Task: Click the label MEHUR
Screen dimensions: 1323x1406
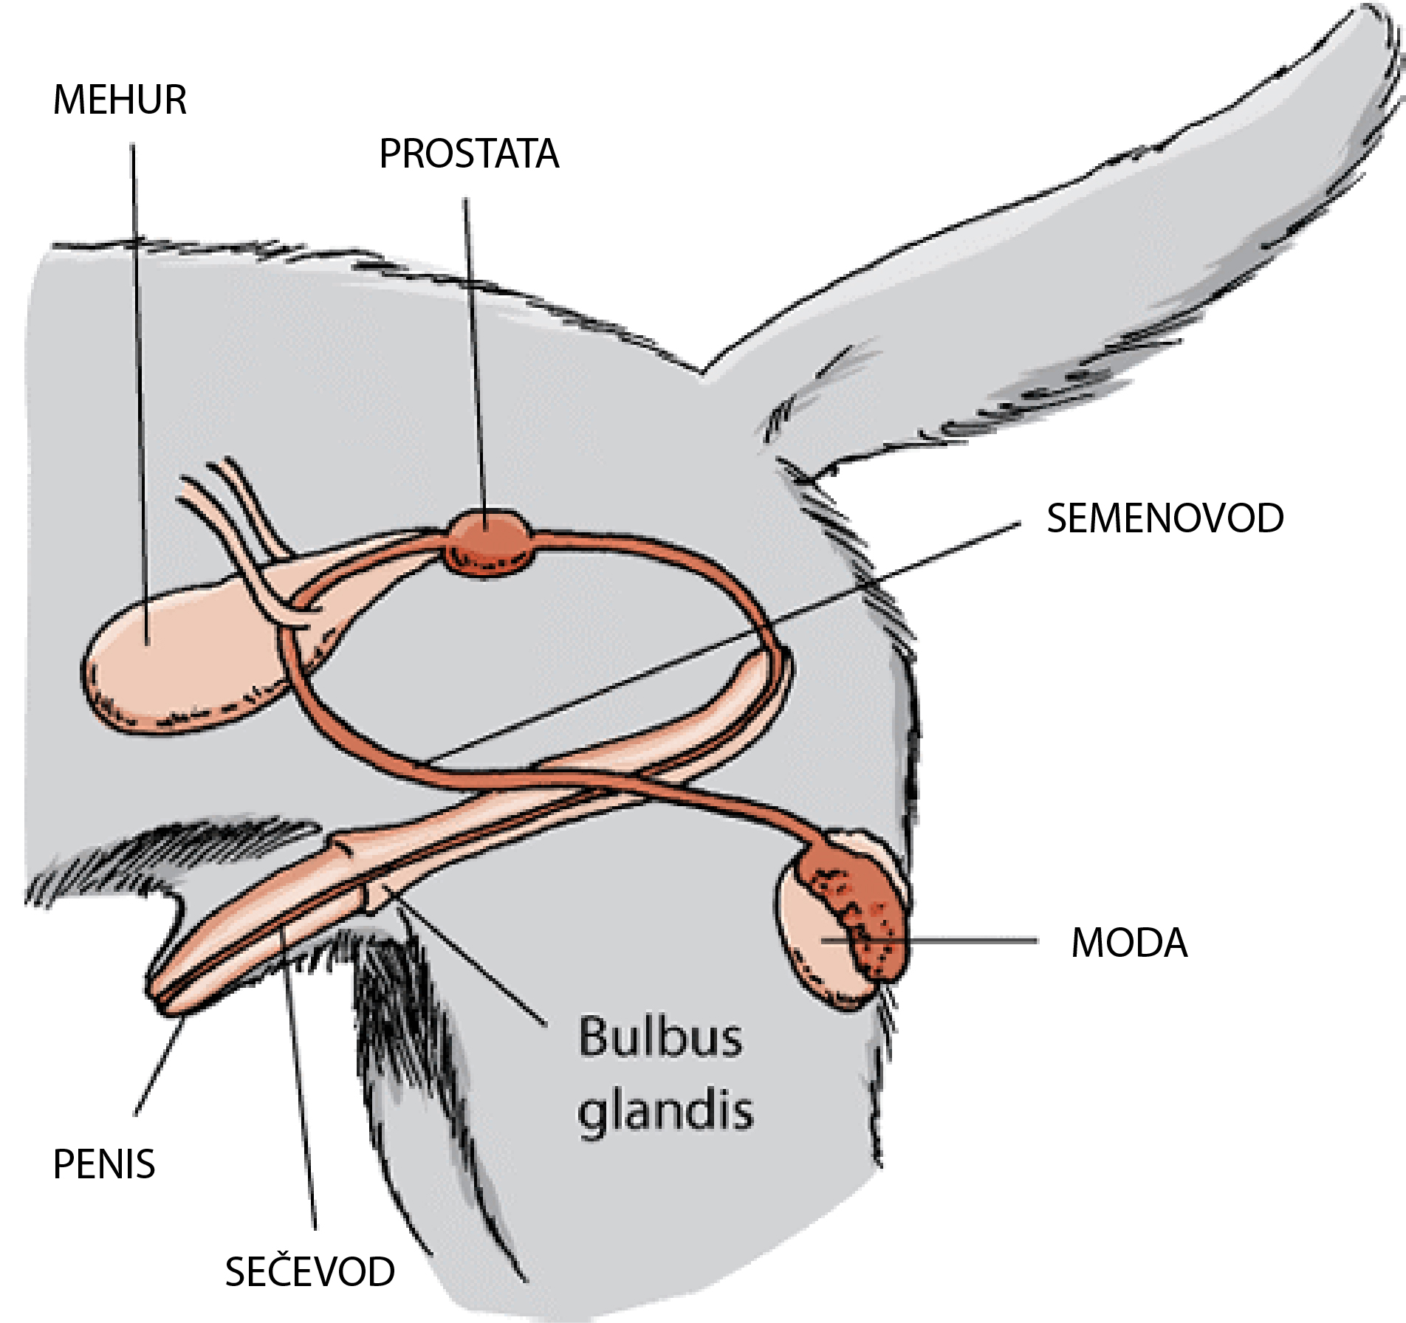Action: pyautogui.click(x=120, y=100)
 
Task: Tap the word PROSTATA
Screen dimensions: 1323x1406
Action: pyautogui.click(x=469, y=154)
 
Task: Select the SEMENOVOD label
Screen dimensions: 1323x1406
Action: pyautogui.click(x=1165, y=518)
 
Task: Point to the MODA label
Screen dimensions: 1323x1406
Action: pyautogui.click(x=1129, y=943)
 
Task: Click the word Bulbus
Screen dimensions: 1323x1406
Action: pyautogui.click(x=659, y=1037)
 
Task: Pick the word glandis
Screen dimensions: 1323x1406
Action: pyautogui.click(x=665, y=1111)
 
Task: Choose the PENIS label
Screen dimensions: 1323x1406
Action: pyautogui.click(x=104, y=1164)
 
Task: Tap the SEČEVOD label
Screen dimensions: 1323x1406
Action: pyautogui.click(x=309, y=1271)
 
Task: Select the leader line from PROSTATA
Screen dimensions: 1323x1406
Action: pyautogui.click(x=474, y=354)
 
